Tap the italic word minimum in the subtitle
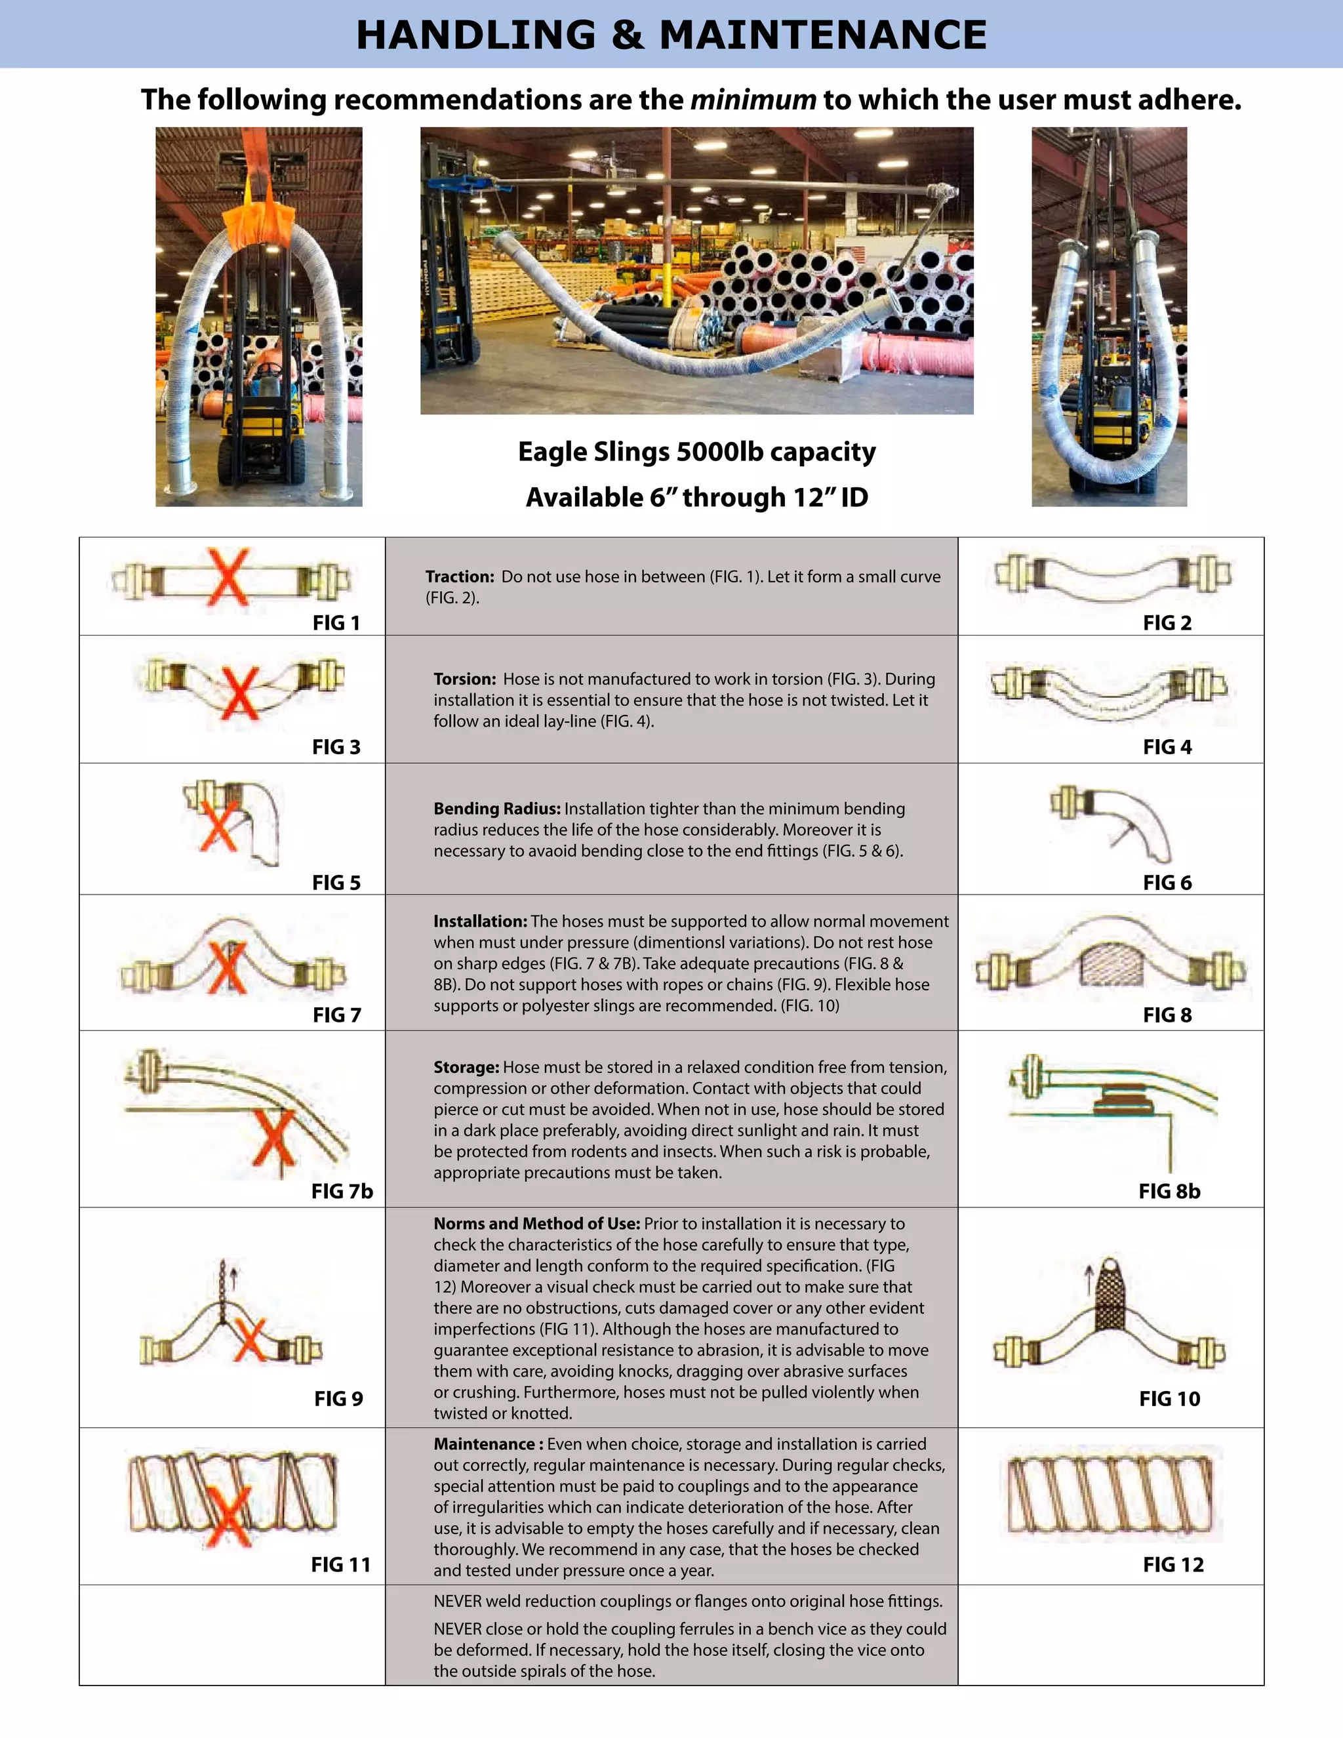[753, 100]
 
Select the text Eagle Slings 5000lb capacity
[696, 452]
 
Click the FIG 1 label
[336, 623]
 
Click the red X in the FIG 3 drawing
[239, 693]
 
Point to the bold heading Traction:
[460, 577]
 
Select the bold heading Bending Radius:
[496, 809]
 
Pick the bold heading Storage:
[466, 1067]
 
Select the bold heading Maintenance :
[488, 1444]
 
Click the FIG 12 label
[1173, 1566]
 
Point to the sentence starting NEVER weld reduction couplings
[687, 1601]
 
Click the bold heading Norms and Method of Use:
[536, 1224]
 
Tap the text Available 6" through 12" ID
[696, 497]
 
